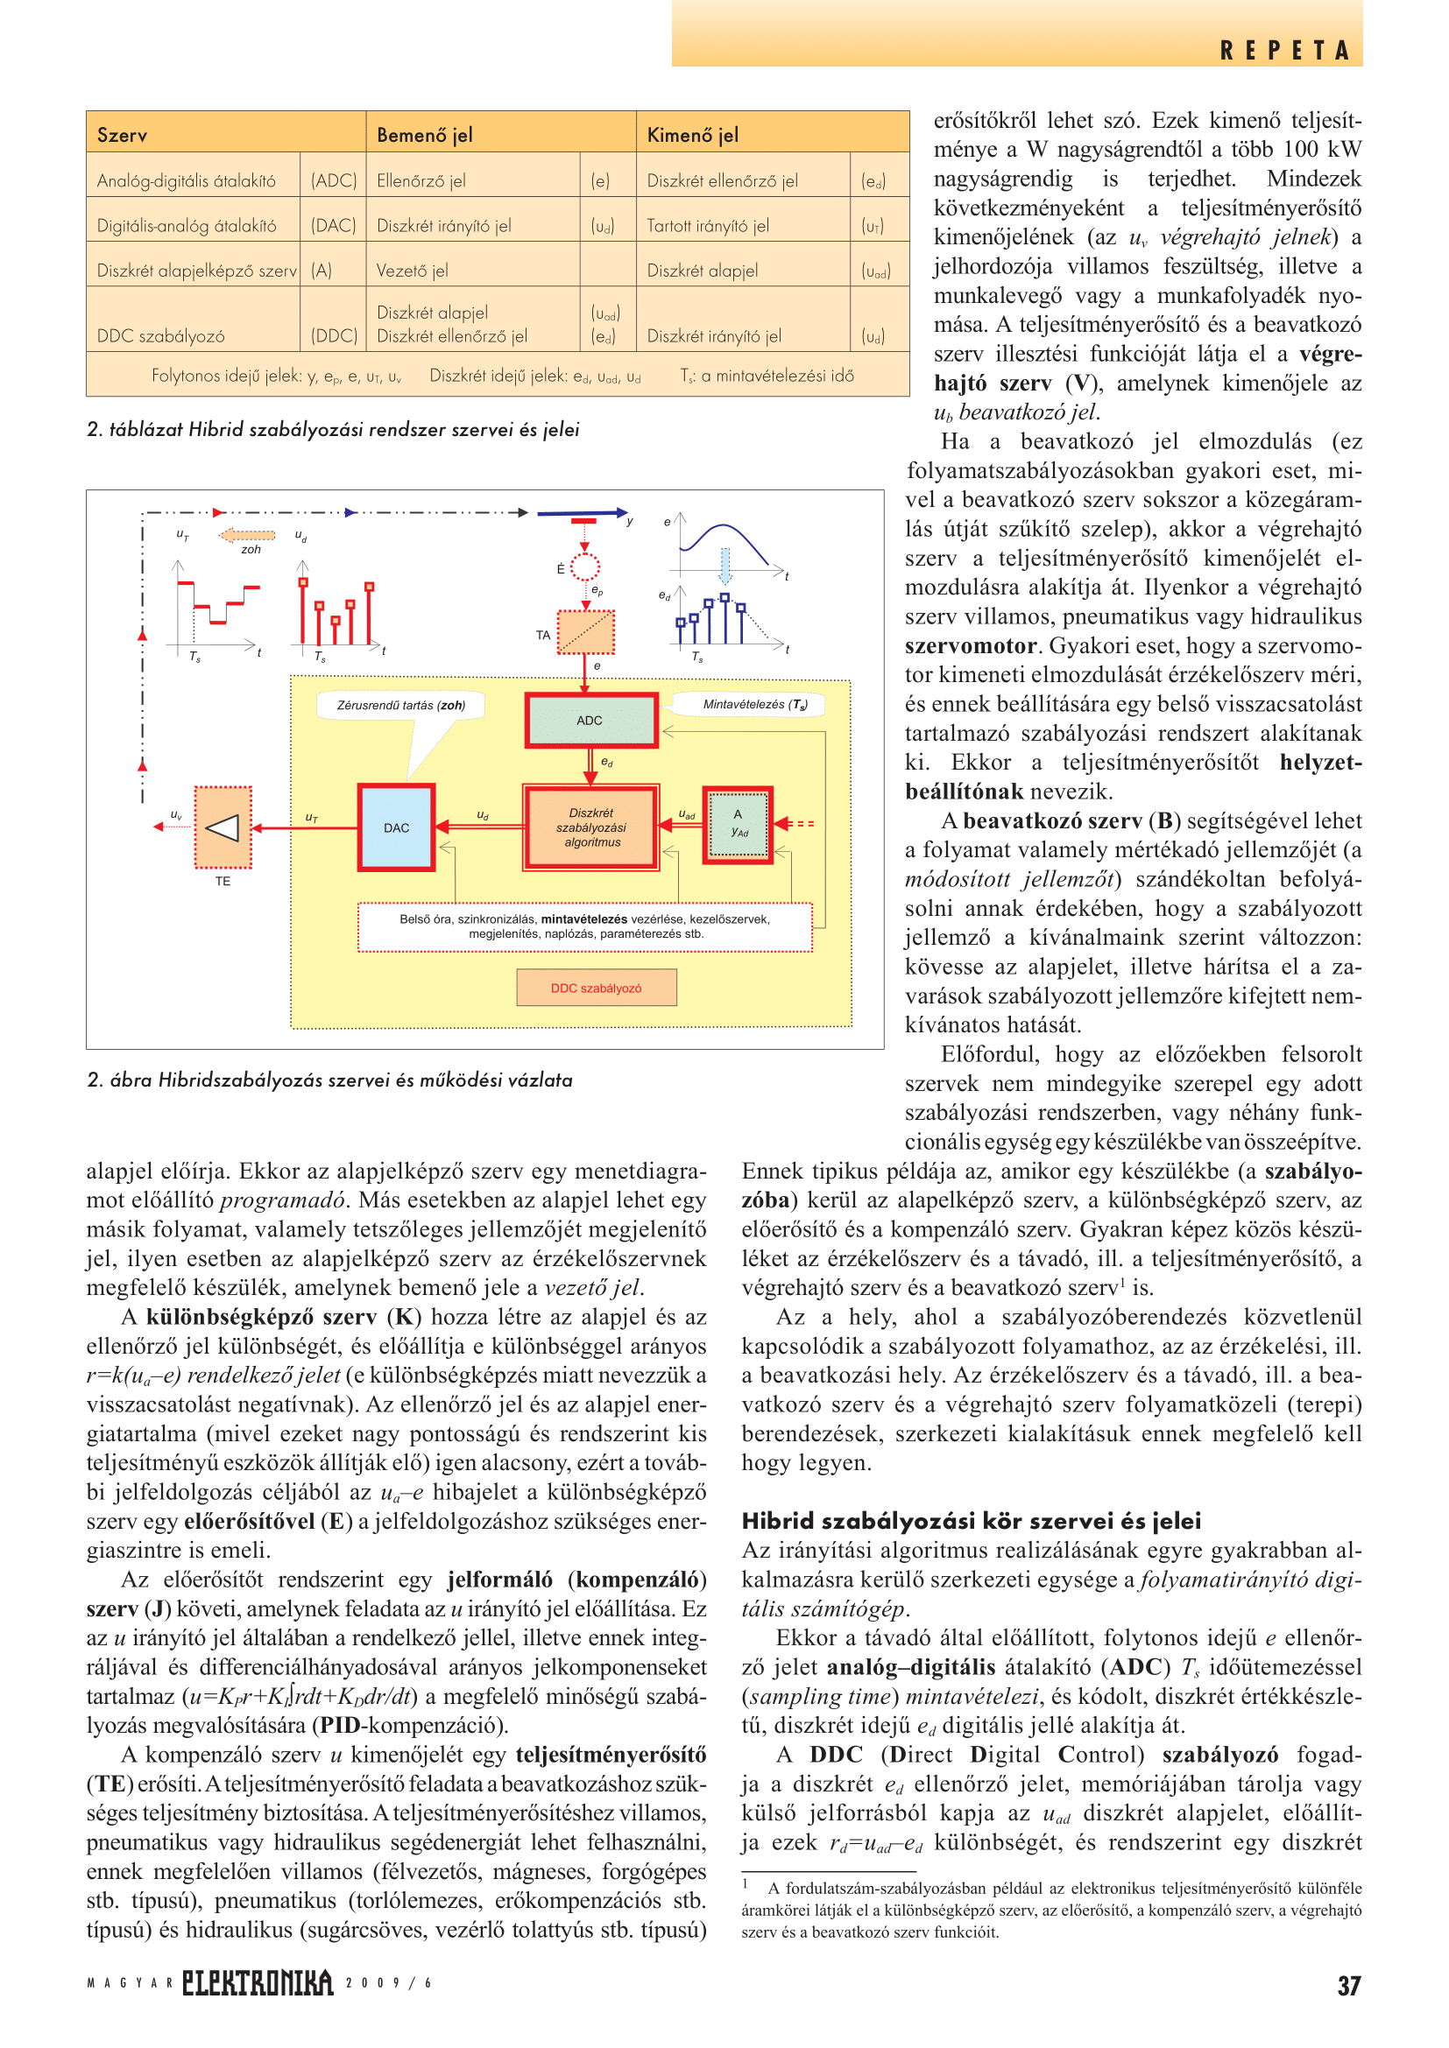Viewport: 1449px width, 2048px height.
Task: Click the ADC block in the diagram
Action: [x=590, y=720]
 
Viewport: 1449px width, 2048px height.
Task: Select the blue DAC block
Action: [x=396, y=827]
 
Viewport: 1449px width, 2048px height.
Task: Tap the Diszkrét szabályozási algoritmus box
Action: [x=590, y=827]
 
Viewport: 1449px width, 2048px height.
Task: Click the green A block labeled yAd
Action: [x=738, y=824]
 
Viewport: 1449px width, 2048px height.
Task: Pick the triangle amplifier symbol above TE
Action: [x=223, y=827]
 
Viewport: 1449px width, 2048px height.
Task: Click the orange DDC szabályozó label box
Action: [x=596, y=988]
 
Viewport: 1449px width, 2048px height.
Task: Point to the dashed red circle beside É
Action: [x=584, y=567]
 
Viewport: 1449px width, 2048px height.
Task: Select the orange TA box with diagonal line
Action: [x=585, y=631]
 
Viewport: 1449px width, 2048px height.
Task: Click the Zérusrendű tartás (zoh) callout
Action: [x=401, y=705]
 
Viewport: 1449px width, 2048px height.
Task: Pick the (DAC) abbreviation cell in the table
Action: [x=333, y=226]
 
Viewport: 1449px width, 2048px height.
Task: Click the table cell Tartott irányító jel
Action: [x=708, y=226]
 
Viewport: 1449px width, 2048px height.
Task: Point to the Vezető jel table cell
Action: [x=413, y=271]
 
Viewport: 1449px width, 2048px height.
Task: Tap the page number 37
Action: [x=1348, y=1986]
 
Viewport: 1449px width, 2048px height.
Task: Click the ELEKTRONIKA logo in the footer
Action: [x=258, y=1983]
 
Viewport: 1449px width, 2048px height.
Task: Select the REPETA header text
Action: [x=1285, y=51]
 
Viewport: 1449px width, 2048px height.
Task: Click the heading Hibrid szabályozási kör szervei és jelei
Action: [x=971, y=1521]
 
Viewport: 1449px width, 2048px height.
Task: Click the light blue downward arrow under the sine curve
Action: [x=725, y=566]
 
